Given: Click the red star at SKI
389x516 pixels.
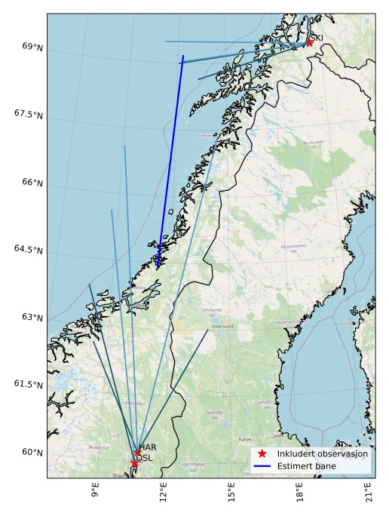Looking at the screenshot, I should pyautogui.click(x=309, y=43).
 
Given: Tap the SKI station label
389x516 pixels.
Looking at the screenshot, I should pyautogui.click(x=317, y=38).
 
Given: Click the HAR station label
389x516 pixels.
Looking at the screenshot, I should pyautogui.click(x=148, y=447).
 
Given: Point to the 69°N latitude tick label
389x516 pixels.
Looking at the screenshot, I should pyautogui.click(x=32, y=47).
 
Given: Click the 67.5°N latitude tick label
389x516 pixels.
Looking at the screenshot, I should pyautogui.click(x=29, y=114).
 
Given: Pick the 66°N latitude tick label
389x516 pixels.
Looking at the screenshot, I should pyautogui.click(x=32, y=182).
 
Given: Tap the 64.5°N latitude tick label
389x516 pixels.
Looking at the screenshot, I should pyautogui.click(x=29, y=250).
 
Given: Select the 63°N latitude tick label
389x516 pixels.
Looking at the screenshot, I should pyautogui.click(x=32, y=317).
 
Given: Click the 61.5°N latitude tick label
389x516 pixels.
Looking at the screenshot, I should pyautogui.click(x=29, y=384).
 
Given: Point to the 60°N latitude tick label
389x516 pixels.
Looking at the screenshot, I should pyautogui.click(x=32, y=452).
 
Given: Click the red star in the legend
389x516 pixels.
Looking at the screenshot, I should pyautogui.click(x=262, y=454).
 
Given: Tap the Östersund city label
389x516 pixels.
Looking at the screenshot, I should pyautogui.click(x=222, y=327).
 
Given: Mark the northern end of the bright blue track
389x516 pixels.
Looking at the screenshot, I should pyautogui.click(x=183, y=56).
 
